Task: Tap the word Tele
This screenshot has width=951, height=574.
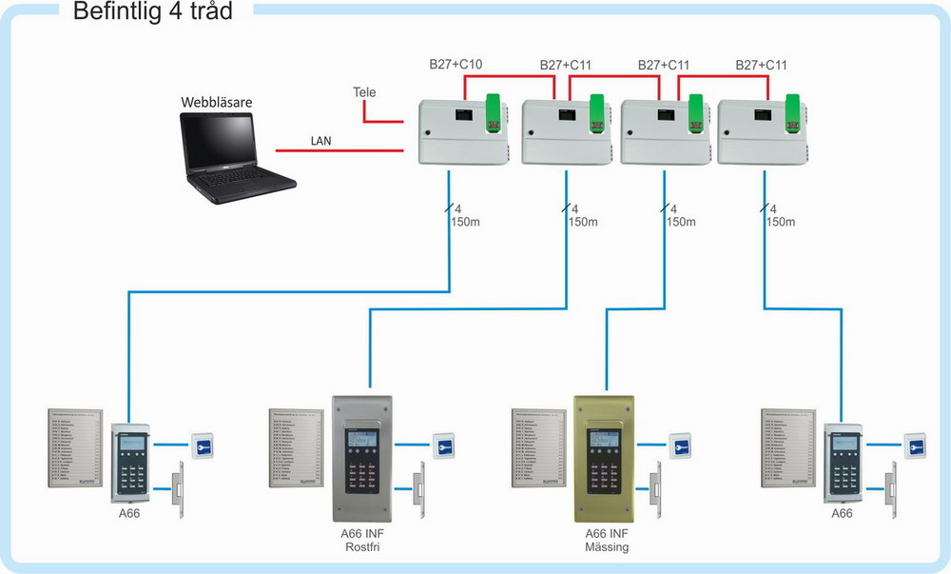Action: click(364, 92)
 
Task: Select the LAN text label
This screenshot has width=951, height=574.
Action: click(320, 141)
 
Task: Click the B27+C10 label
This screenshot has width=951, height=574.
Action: click(456, 66)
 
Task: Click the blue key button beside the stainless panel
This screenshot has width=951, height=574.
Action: click(443, 445)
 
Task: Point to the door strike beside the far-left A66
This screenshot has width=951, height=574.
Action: click(179, 489)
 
